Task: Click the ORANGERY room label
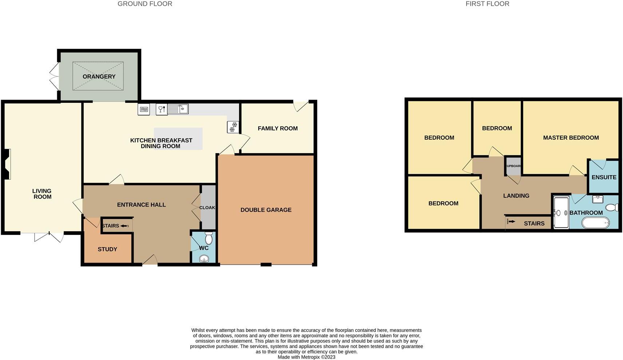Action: [x=99, y=76]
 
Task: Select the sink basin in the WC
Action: [x=204, y=259]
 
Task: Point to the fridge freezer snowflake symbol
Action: [x=233, y=127]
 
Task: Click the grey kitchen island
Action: [x=178, y=139]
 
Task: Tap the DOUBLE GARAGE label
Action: [x=266, y=210]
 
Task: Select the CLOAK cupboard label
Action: [x=207, y=208]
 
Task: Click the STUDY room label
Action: [x=107, y=249]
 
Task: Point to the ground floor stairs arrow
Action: [x=124, y=226]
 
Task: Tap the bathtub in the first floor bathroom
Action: [x=595, y=223]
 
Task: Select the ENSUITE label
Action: [x=604, y=177]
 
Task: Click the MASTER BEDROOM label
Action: [x=571, y=137]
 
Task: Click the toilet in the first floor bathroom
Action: [x=611, y=207]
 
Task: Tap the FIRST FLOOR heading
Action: [x=487, y=4]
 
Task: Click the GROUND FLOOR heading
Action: [x=145, y=4]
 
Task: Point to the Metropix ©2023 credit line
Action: [x=306, y=357]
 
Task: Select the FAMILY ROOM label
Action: [x=278, y=128]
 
